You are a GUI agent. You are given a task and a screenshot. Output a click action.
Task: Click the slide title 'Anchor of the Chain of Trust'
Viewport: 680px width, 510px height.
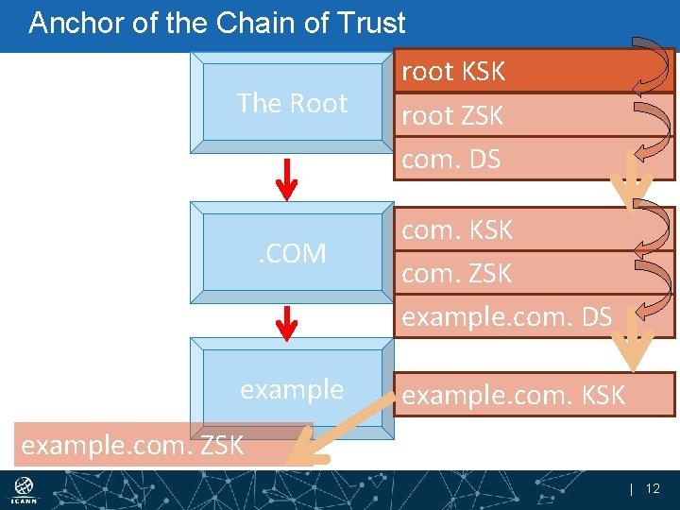[x=217, y=23]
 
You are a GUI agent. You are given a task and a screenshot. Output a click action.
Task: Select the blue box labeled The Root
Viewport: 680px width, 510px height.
[x=292, y=102]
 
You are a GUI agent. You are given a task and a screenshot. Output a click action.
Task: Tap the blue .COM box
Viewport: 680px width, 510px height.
[x=292, y=253]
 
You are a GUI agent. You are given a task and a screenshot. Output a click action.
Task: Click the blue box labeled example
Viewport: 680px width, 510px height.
[x=292, y=389]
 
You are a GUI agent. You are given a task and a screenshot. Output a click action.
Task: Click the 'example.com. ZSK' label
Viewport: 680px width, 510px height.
[x=132, y=444]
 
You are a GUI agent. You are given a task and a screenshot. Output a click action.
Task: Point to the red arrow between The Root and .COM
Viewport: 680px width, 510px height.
[x=290, y=178]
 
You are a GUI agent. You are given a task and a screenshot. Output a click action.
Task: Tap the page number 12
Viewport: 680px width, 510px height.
[x=653, y=488]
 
